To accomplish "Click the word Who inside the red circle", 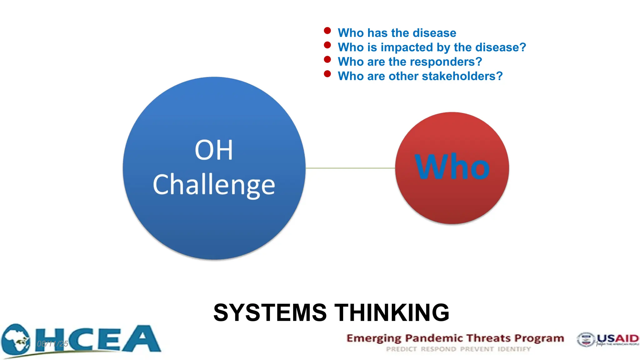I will [452, 167].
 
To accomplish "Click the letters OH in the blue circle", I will [214, 150].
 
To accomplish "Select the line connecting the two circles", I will [350, 168].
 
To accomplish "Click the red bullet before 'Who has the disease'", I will [327, 31].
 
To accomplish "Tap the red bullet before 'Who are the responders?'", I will [327, 59].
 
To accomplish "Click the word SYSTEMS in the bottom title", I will [270, 312].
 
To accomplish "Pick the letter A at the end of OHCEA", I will [141, 339].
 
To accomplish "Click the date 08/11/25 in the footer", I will [52, 344].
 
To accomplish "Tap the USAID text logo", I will [617, 338].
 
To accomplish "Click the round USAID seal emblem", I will [585, 339].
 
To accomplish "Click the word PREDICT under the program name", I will [401, 349].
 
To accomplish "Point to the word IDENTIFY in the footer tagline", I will [514, 349].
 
